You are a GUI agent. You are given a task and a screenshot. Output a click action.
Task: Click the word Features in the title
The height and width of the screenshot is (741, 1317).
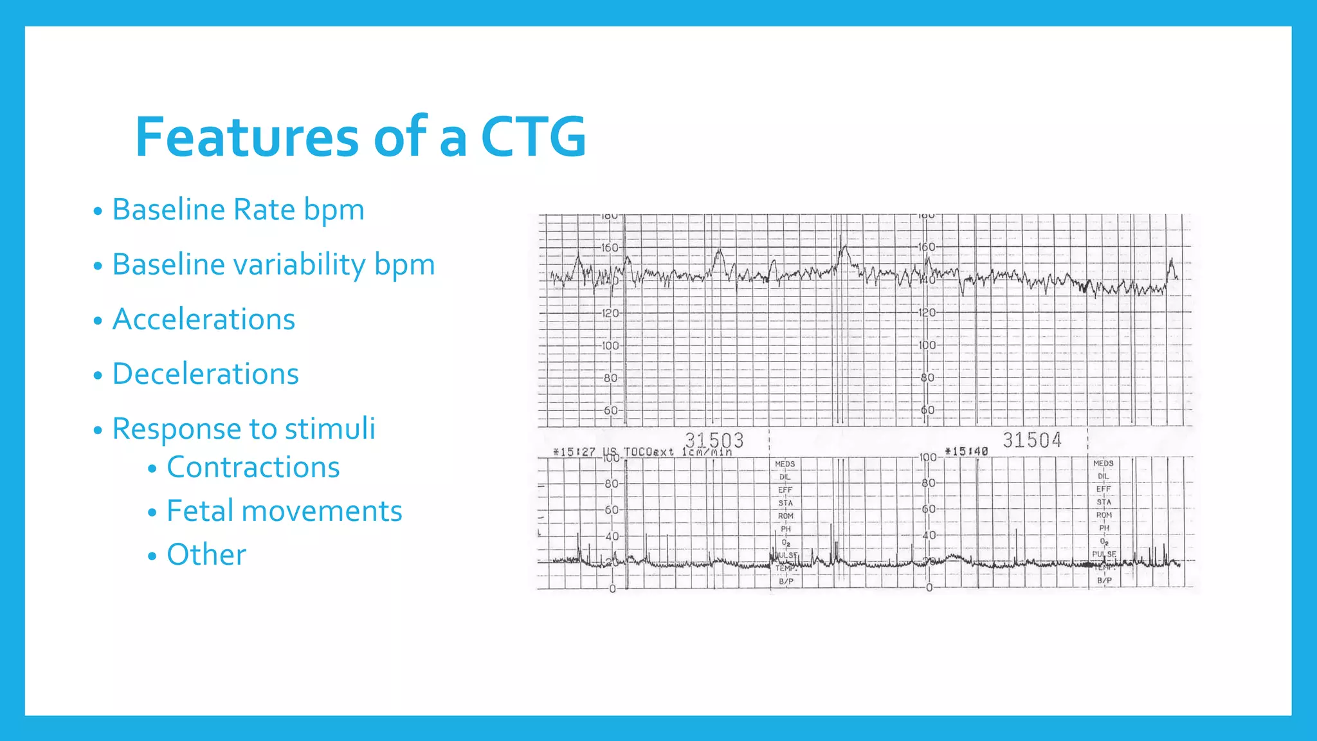pyautogui.click(x=246, y=137)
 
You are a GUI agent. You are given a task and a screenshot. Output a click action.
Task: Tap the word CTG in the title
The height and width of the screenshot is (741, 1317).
pyautogui.click(x=533, y=137)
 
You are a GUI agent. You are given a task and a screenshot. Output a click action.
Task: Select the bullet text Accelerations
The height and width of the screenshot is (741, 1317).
pyautogui.click(x=203, y=319)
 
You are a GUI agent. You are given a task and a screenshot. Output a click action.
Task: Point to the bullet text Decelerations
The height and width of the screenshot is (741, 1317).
pyautogui.click(x=205, y=374)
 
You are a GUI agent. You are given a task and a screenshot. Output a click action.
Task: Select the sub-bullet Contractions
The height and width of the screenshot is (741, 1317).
pyautogui.click(x=253, y=467)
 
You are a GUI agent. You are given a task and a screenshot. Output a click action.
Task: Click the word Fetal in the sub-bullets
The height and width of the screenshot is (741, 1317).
pyautogui.click(x=199, y=511)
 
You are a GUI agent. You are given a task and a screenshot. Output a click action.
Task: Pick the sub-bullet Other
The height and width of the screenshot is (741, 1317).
pyautogui.click(x=206, y=554)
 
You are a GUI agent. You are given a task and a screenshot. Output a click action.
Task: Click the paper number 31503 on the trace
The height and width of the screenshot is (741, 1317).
pyautogui.click(x=714, y=441)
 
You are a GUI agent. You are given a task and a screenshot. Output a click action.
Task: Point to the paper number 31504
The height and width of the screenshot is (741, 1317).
pyautogui.click(x=1031, y=440)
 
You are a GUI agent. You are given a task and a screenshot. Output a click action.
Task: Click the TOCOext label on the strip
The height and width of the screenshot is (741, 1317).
pyautogui.click(x=649, y=452)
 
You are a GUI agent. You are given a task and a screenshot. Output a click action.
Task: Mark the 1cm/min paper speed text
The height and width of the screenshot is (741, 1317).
pyautogui.click(x=707, y=452)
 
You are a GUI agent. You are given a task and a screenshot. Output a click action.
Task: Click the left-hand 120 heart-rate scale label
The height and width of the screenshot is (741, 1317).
pyautogui.click(x=610, y=313)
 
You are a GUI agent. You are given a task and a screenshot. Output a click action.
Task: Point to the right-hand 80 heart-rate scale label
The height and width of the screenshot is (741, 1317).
pyautogui.click(x=927, y=378)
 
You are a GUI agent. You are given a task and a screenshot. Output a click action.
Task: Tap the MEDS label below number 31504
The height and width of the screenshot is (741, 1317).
pyautogui.click(x=1103, y=463)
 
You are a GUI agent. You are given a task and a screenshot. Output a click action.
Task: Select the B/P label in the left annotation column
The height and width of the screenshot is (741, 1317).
pyautogui.click(x=786, y=581)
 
